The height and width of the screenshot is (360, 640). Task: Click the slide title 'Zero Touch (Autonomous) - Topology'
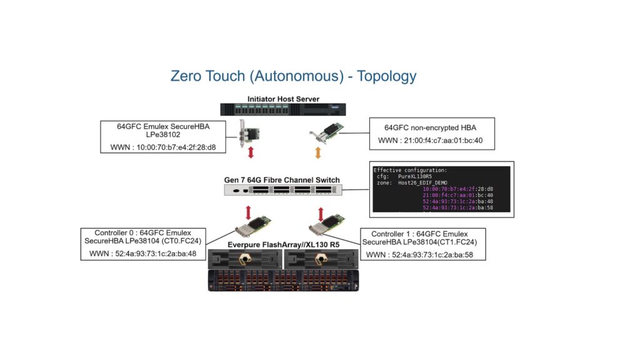coord(293,76)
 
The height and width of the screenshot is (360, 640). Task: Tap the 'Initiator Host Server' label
coord(283,99)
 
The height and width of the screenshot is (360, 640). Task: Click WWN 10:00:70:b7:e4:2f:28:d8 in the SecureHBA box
coord(167,148)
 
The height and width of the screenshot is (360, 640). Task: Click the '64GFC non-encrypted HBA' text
coord(431,127)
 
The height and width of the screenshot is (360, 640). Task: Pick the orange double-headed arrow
coord(318,152)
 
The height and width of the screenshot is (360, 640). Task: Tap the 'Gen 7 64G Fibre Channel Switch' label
coord(282,180)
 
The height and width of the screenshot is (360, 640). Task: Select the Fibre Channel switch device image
coord(282,192)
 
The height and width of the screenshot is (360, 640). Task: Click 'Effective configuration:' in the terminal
coord(410,170)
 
